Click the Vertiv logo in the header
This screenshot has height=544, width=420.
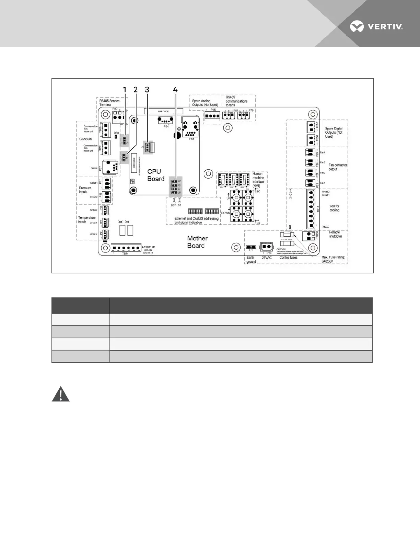pos(376,26)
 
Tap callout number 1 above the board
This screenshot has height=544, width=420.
pos(125,90)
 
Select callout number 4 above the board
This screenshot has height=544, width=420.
pos(175,90)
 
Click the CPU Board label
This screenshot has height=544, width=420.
pos(156,175)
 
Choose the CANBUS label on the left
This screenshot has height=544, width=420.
pos(86,139)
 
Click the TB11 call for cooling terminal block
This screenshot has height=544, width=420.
pos(311,209)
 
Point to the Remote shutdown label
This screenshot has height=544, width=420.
pos(335,234)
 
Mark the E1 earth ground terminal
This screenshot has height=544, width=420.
pos(251,247)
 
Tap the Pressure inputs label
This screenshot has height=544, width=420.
pos(85,190)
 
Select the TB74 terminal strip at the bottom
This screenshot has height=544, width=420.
pos(126,248)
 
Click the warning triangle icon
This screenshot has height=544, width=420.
pos(61,394)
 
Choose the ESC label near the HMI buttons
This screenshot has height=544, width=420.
pos(257,191)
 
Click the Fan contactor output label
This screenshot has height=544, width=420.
pos(338,167)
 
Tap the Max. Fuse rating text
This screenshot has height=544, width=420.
pos(333,259)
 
